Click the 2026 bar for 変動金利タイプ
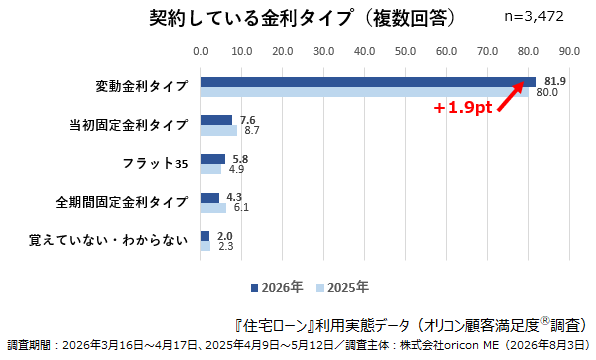368,82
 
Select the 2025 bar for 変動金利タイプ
365,92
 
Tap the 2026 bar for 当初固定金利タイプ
216,120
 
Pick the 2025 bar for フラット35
211,169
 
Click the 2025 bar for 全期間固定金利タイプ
213,208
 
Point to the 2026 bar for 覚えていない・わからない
205,236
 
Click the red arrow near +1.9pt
511,97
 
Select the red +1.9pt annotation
463,108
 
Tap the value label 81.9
555,81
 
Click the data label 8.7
252,130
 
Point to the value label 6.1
241,207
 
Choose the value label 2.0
225,236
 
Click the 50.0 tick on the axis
406,51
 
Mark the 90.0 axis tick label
569,51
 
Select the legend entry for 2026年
277,287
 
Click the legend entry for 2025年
342,287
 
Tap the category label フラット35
155,163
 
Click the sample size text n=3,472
534,17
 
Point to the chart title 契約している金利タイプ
250,17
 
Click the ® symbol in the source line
545,321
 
